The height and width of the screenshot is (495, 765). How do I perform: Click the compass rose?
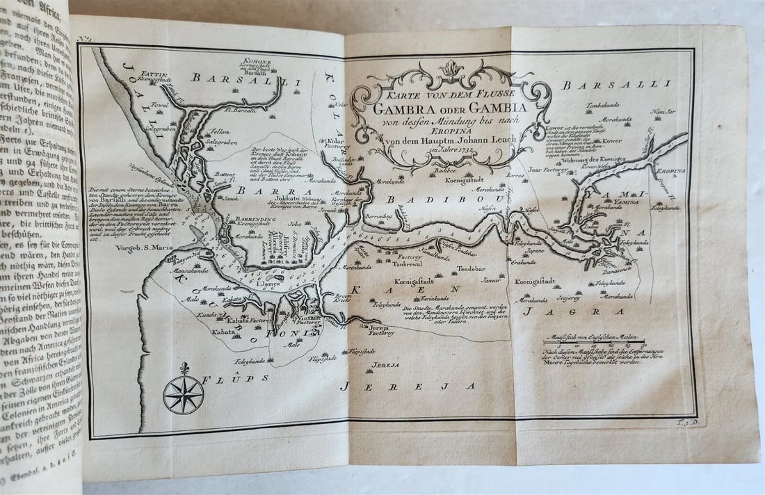coord(183,394)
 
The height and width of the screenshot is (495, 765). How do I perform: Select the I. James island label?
coord(266,284)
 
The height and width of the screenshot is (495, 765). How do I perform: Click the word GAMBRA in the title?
coord(410,108)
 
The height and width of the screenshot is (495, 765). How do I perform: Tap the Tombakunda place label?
coord(602,105)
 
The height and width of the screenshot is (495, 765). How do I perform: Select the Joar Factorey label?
coord(544,168)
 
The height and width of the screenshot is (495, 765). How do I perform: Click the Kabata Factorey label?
coord(246,320)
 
